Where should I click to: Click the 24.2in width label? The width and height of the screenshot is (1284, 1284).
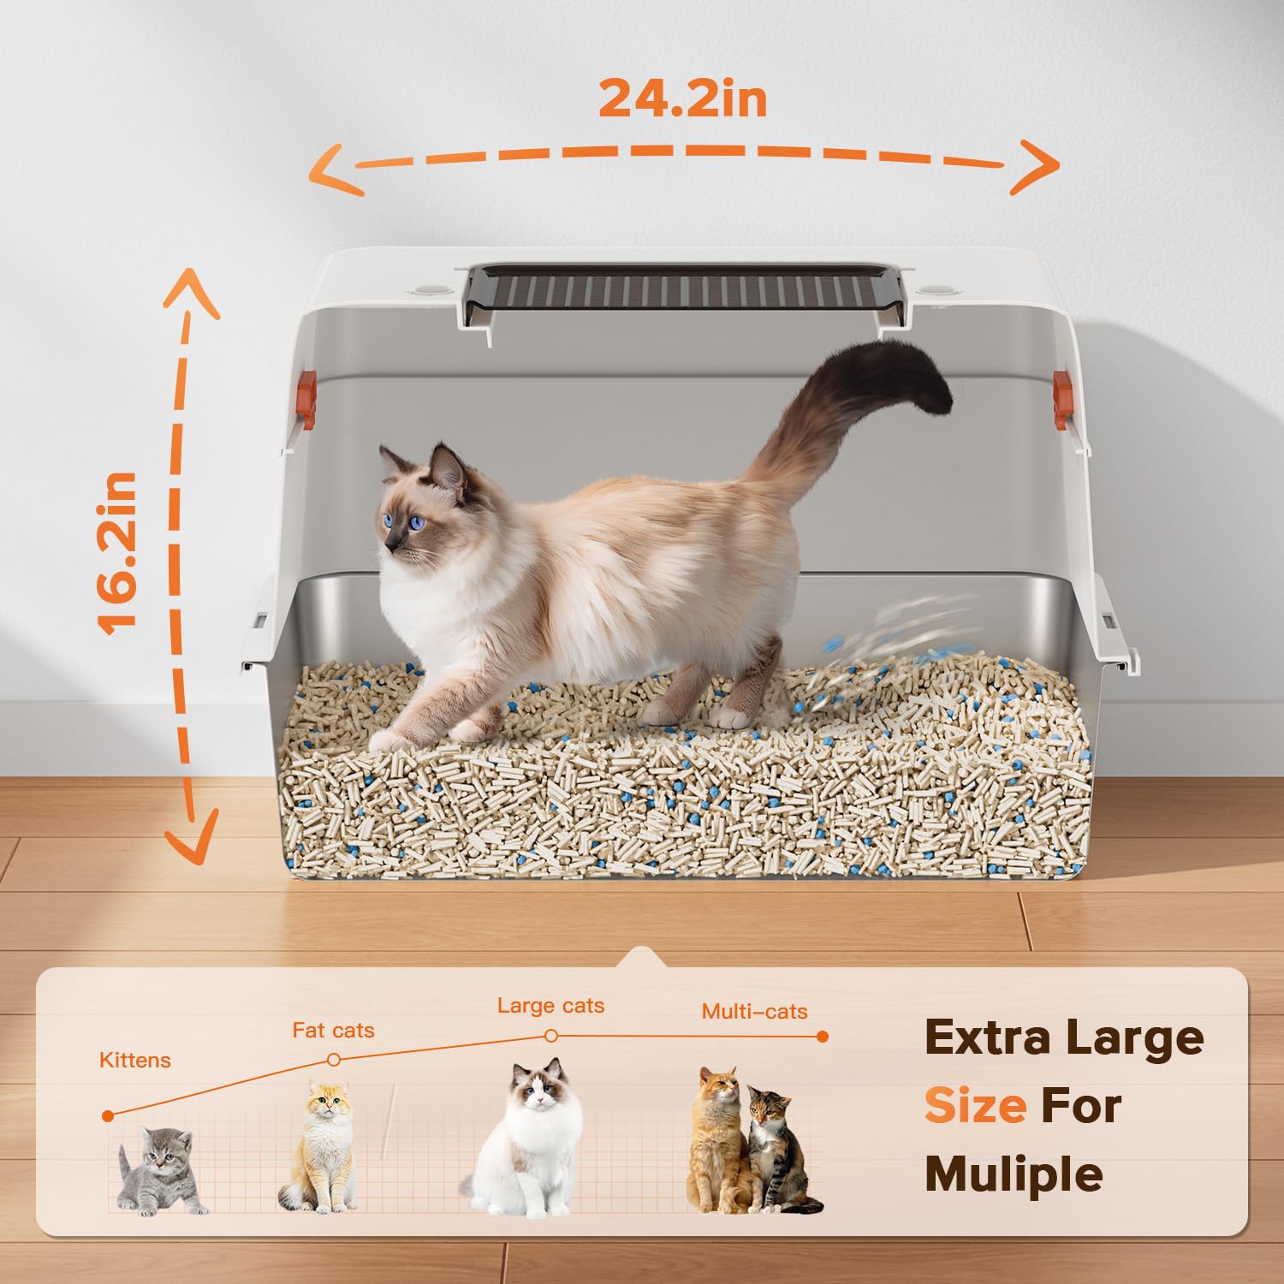682,98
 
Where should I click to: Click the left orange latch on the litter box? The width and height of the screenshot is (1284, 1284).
306,399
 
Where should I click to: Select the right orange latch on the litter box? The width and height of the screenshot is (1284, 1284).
1062,399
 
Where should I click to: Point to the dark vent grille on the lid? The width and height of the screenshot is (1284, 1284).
685,289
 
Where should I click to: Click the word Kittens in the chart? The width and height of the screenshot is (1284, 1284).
135,1061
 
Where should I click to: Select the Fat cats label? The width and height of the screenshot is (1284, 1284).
333,1030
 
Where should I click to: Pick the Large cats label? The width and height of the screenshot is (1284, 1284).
550,1006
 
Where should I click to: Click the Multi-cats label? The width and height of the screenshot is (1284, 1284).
754,1012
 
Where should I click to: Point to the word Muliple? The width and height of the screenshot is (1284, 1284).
1014,1174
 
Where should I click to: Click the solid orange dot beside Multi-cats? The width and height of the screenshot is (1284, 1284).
823,1037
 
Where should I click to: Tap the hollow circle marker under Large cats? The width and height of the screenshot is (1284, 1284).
551,1037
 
